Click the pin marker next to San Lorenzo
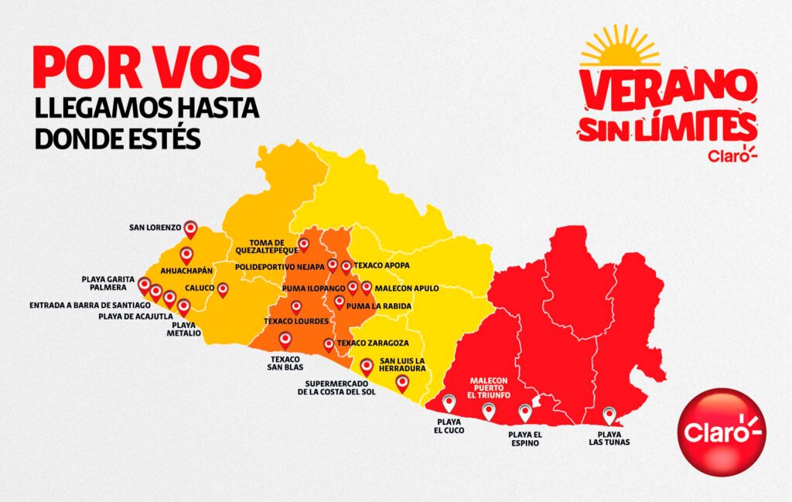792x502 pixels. (x=190, y=228)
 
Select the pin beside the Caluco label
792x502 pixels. (x=223, y=289)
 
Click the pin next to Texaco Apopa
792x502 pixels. (x=346, y=266)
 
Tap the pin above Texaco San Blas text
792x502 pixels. (x=285, y=339)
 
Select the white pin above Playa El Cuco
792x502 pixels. (x=449, y=402)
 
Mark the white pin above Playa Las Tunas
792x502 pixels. (x=609, y=415)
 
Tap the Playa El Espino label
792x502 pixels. (x=525, y=438)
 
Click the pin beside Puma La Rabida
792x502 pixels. (x=339, y=302)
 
